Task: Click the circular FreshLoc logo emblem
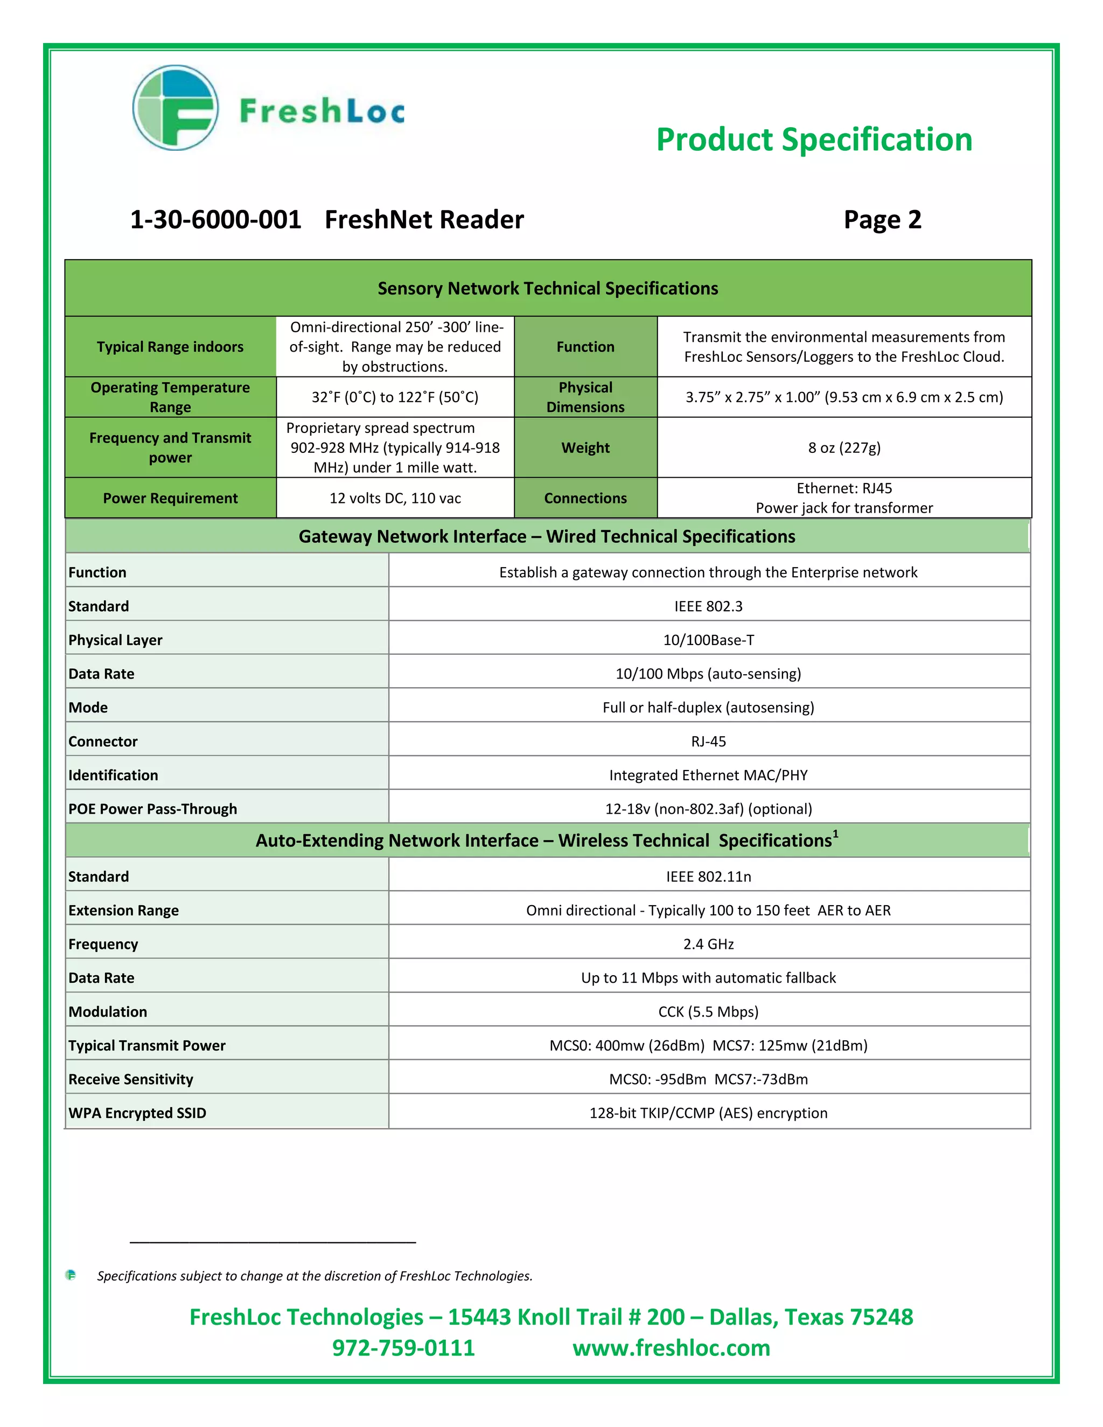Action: [x=175, y=108]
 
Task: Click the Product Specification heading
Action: [x=814, y=140]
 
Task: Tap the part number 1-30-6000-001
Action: [x=215, y=220]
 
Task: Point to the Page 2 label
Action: [x=882, y=220]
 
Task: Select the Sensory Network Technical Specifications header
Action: [x=548, y=288]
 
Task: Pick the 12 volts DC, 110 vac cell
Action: [x=395, y=498]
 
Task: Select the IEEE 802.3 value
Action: [x=708, y=606]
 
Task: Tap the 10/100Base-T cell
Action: [x=708, y=640]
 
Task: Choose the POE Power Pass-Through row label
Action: [x=152, y=809]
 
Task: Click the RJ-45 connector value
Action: [x=708, y=742]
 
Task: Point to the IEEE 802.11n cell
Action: [x=708, y=877]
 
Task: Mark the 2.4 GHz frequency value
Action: [x=708, y=944]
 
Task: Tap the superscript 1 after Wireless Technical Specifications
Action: [x=835, y=833]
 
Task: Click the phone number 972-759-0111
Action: [x=403, y=1348]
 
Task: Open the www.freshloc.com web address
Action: [x=671, y=1348]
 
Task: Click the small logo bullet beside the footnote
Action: [x=71, y=1275]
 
